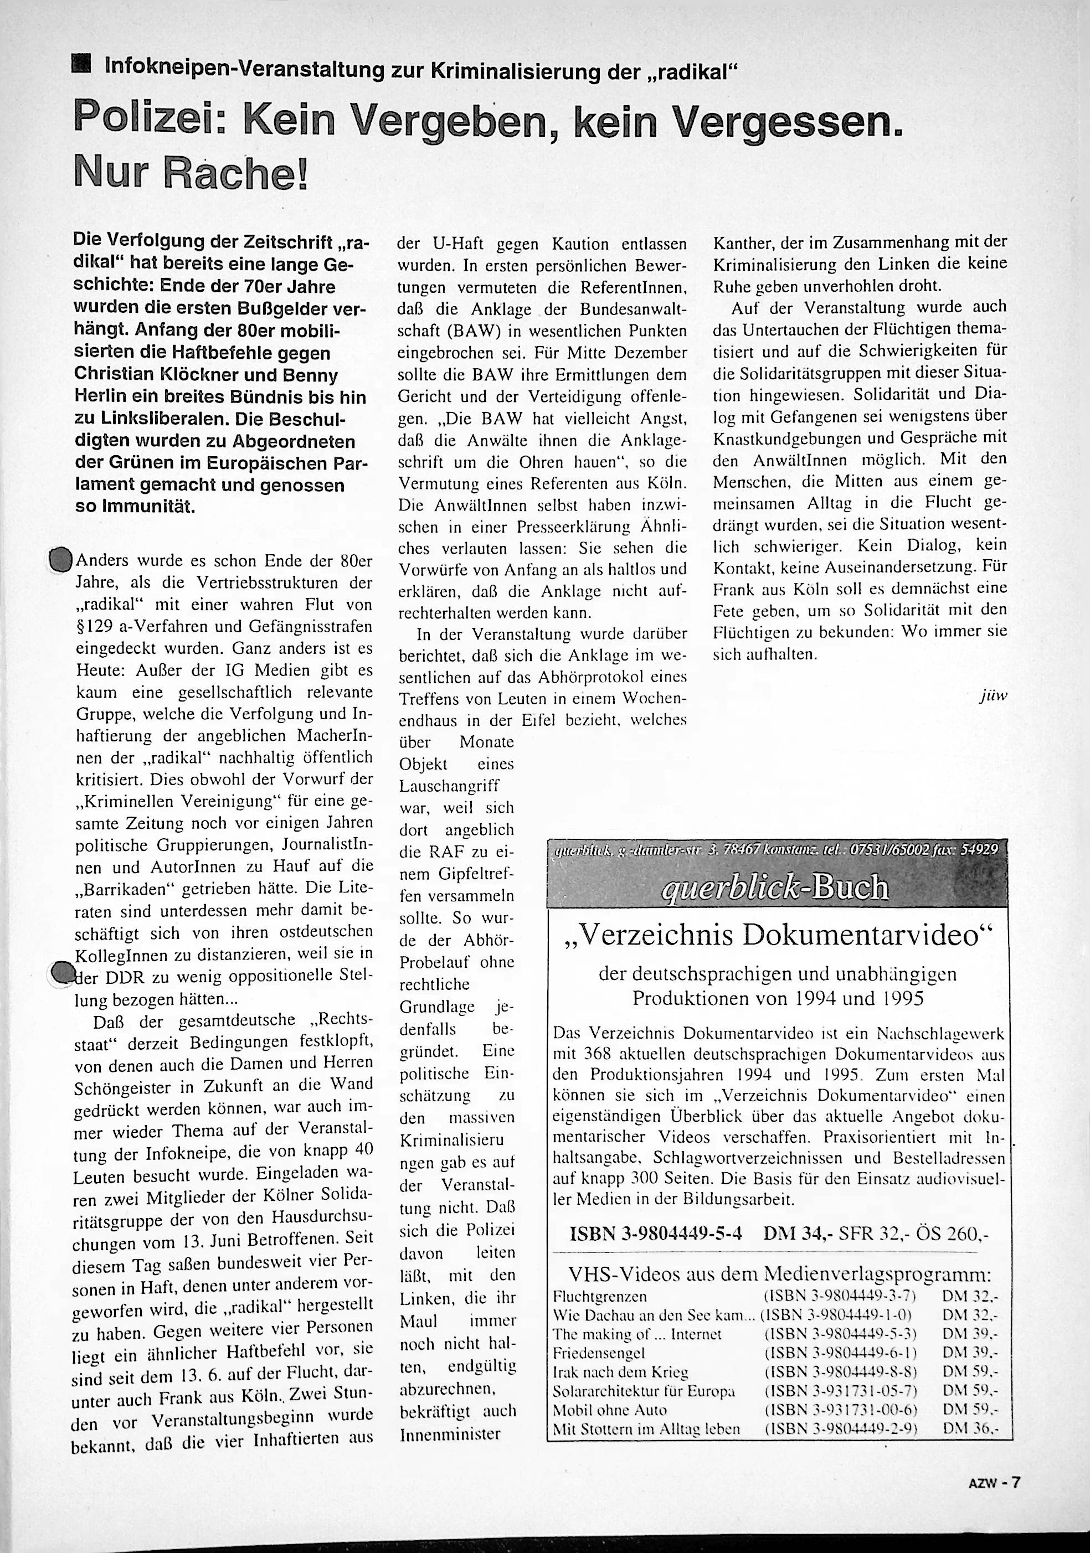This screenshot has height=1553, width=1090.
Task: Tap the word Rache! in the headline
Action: coord(236,175)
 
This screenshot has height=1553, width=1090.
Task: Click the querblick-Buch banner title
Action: coord(775,887)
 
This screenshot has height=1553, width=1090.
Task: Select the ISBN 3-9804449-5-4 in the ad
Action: coord(655,1233)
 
